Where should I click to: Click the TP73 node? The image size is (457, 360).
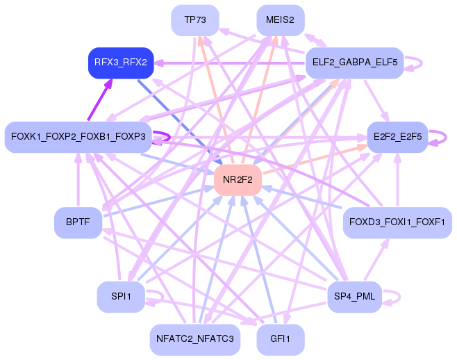[x=194, y=20]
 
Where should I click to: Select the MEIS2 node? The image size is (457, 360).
[x=280, y=20]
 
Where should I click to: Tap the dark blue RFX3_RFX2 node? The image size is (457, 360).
[x=121, y=63]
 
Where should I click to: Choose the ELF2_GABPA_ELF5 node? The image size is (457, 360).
[x=354, y=63]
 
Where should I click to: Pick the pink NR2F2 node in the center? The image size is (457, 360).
[x=238, y=180]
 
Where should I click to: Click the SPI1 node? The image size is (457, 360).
[x=121, y=297]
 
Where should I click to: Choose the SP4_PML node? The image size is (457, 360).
[x=354, y=297]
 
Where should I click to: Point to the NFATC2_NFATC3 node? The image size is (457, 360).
[x=194, y=340]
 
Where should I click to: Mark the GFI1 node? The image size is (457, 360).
[x=280, y=340]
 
